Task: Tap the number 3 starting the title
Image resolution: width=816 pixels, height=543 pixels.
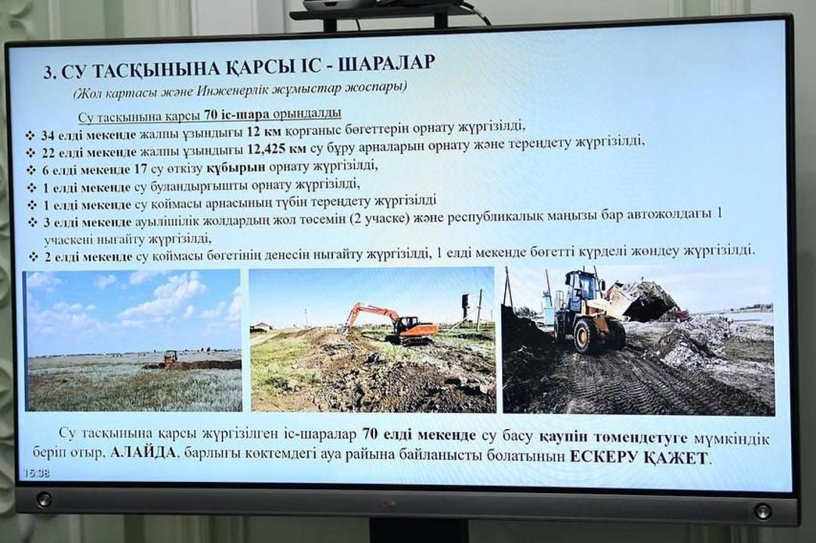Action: click(x=48, y=72)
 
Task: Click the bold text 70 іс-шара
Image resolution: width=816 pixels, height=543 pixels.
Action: click(x=230, y=114)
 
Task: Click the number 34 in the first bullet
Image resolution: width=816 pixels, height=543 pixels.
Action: click(x=48, y=136)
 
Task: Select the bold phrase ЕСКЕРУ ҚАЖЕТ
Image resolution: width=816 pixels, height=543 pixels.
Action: click(x=639, y=458)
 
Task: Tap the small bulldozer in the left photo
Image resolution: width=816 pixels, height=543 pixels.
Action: click(x=169, y=360)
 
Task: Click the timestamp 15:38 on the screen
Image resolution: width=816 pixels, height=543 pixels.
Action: click(x=35, y=474)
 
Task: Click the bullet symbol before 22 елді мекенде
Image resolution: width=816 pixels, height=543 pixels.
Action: click(x=31, y=153)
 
